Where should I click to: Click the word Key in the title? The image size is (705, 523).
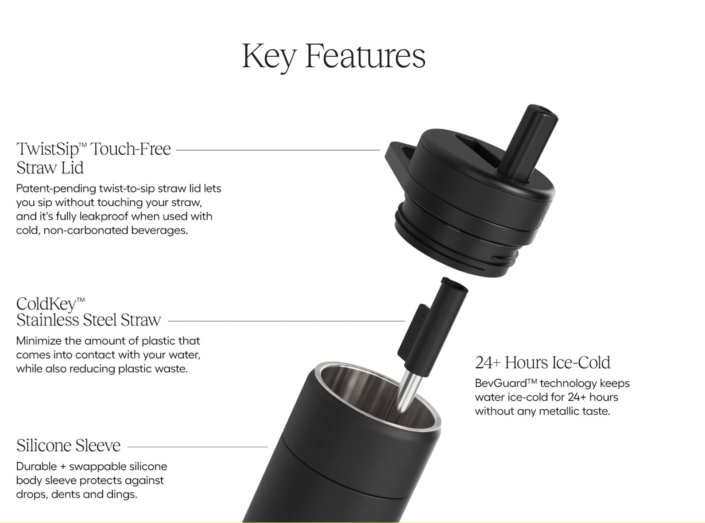(269, 57)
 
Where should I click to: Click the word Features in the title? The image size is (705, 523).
(365, 56)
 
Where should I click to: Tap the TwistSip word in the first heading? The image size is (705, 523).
(48, 149)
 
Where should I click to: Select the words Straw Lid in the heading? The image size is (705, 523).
(50, 168)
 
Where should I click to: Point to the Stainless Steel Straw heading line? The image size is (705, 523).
(89, 320)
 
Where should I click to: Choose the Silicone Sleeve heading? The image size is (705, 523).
(68, 446)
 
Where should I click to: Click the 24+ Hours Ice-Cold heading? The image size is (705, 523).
(542, 362)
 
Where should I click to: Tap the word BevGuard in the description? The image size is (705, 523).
(501, 384)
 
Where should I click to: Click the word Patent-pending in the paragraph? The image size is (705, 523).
(56, 189)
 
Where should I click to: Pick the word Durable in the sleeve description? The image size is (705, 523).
(35, 466)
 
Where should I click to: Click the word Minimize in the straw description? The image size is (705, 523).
(38, 341)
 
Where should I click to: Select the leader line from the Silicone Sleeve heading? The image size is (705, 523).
(198, 447)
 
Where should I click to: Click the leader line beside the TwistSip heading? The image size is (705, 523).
(278, 150)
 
